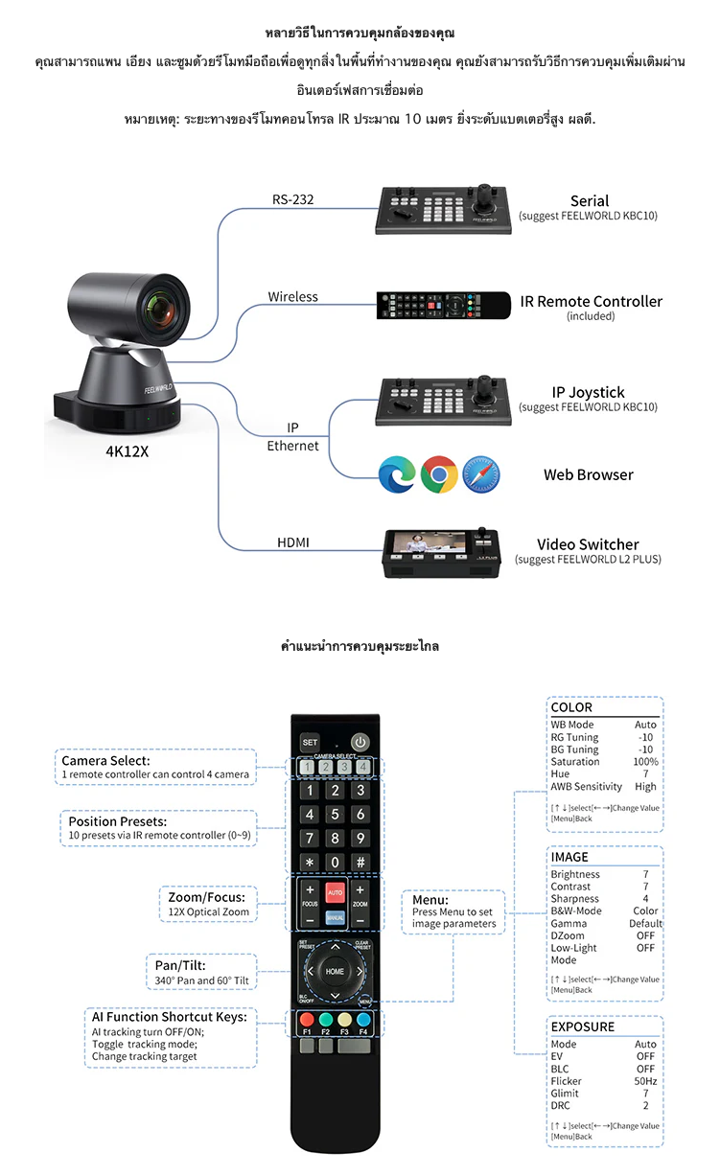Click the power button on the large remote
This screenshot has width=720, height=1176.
coord(360,741)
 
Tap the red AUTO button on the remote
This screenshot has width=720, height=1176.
coord(335,891)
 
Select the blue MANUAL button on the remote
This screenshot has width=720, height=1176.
coord(335,917)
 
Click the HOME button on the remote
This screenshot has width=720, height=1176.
coord(335,971)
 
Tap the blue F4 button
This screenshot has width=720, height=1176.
coord(363,1020)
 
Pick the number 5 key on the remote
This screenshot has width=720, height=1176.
coord(335,815)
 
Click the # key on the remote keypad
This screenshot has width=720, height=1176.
coord(360,862)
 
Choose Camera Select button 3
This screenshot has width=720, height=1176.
coord(344,766)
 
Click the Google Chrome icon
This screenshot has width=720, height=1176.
coord(438,474)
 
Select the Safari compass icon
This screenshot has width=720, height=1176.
coord(481,474)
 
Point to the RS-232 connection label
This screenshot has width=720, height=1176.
coord(293,200)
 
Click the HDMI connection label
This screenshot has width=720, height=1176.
coord(293,543)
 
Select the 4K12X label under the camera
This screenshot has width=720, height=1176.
coord(127,451)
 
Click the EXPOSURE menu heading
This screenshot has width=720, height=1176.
coord(583,1026)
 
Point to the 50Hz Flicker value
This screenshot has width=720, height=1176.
coord(645,1081)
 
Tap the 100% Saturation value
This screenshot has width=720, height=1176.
coord(645,762)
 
